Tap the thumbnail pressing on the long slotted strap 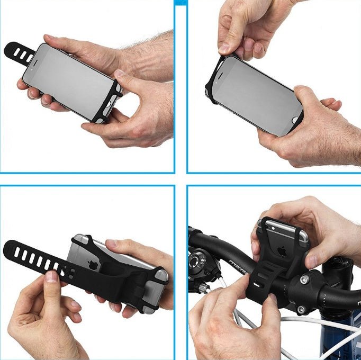52,277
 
